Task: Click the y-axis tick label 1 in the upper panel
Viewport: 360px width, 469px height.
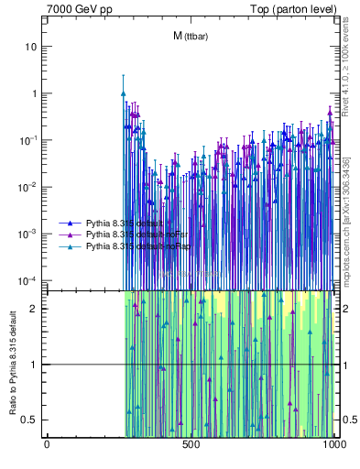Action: click(x=34, y=93)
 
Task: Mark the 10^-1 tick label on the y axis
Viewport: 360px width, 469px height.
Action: click(x=29, y=139)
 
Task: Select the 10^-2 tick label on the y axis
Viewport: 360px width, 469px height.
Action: click(x=29, y=186)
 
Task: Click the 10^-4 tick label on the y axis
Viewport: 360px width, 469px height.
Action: click(x=29, y=279)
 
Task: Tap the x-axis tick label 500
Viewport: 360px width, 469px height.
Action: click(x=191, y=446)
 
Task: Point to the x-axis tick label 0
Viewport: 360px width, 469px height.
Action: click(x=47, y=446)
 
